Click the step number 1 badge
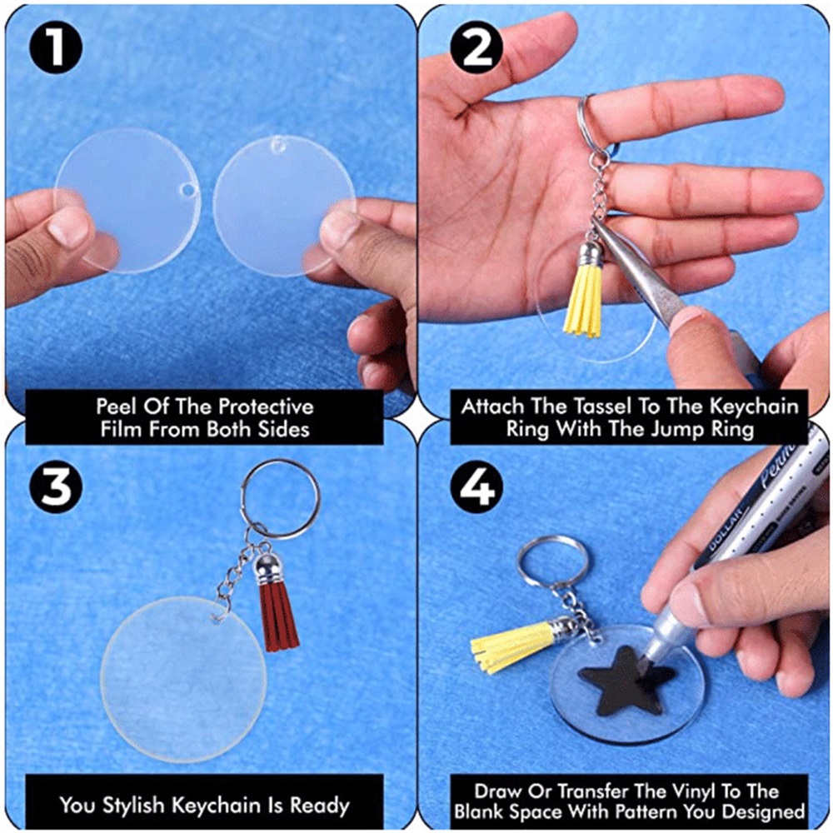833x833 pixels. [x=56, y=47]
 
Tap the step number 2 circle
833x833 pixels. [x=476, y=47]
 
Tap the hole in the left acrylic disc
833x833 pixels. [x=187, y=190]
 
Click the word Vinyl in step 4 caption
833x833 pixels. [x=691, y=791]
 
